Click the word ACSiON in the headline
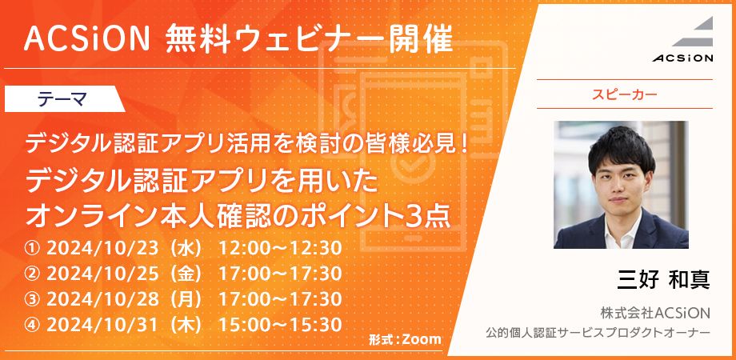tap(87, 38)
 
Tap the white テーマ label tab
tap(64, 99)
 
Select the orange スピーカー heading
tap(624, 94)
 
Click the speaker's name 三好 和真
tap(663, 280)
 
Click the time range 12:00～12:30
tap(280, 249)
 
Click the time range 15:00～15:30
tap(280, 325)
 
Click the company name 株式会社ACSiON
tap(655, 313)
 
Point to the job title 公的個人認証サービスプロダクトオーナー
tap(598, 333)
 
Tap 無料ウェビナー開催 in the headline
tap(310, 38)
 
